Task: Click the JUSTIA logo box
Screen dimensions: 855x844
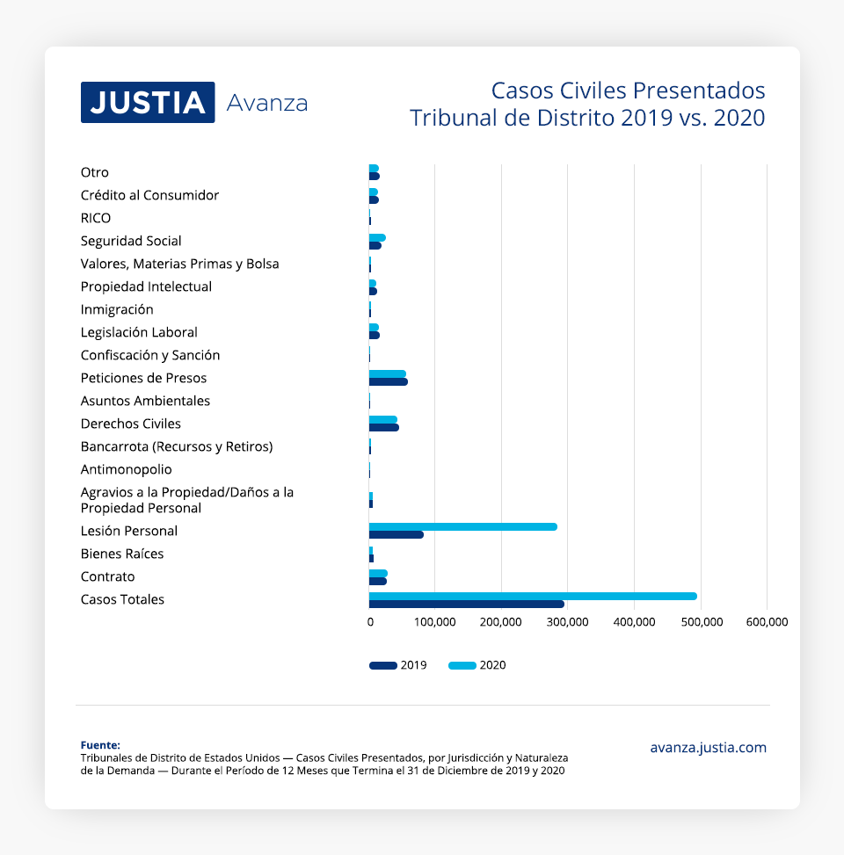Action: pos(148,102)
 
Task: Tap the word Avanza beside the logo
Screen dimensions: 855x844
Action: pos(267,104)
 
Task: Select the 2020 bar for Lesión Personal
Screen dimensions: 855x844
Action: pos(462,526)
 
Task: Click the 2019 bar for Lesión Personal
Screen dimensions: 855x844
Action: pos(396,534)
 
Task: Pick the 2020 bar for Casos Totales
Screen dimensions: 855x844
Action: pos(532,596)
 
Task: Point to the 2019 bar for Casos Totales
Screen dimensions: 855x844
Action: pos(466,604)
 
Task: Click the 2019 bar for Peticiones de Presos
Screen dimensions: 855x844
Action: pos(388,382)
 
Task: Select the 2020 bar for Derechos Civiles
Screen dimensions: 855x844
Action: pos(382,420)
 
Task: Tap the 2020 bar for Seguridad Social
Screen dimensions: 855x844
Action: pos(377,237)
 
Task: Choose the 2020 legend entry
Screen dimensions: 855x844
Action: pos(477,665)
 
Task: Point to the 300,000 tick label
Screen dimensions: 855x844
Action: pos(568,622)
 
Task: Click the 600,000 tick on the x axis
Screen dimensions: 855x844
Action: pos(767,622)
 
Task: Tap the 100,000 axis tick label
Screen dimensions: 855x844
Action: pos(435,622)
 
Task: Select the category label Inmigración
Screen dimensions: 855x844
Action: pos(117,309)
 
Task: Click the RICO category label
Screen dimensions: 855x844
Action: pos(96,218)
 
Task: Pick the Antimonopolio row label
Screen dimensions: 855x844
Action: pos(126,469)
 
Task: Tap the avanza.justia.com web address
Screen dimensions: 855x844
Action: pos(708,748)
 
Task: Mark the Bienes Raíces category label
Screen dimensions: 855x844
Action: pos(122,554)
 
